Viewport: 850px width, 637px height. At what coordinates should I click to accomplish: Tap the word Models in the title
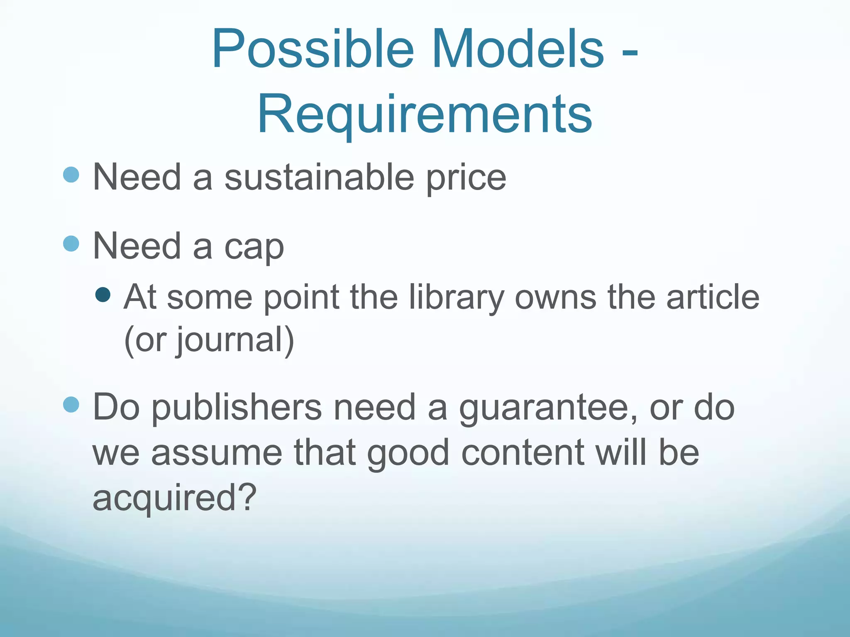coord(518,49)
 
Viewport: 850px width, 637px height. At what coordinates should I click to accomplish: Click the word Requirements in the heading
coord(425,114)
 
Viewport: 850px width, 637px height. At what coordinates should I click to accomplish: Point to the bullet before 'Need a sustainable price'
coord(71,175)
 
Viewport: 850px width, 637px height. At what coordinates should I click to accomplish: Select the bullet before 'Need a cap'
coord(71,244)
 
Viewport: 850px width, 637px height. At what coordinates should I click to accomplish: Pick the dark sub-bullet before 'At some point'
coord(103,295)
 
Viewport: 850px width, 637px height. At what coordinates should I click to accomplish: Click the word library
coord(456,298)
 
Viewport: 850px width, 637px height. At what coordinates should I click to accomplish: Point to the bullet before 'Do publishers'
coord(71,404)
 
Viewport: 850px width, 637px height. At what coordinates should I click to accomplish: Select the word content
coord(523,453)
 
